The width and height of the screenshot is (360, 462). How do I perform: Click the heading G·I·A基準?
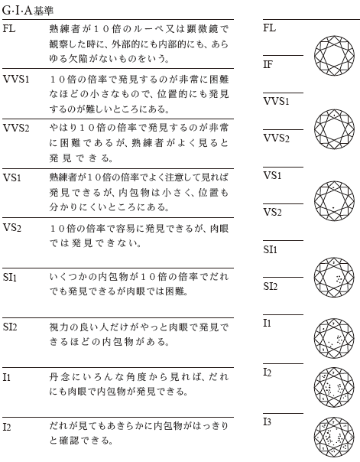tap(28, 11)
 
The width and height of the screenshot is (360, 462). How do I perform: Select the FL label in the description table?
tap(9, 28)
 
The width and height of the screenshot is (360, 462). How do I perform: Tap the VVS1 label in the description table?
tap(16, 79)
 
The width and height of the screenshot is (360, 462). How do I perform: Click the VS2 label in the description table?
tap(11, 227)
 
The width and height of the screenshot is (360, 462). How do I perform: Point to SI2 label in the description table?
tap(10, 327)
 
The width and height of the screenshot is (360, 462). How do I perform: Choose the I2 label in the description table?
tap(6, 427)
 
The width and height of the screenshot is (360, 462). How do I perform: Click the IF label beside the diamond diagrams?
tap(268, 64)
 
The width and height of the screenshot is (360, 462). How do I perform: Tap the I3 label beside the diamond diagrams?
tap(267, 422)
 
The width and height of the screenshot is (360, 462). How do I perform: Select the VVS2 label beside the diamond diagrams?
tap(277, 138)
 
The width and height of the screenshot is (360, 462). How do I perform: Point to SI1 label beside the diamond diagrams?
tap(271, 249)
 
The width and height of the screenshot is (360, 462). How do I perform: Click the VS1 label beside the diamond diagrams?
tap(272, 175)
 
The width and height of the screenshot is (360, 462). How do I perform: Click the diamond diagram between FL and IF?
tap(334, 55)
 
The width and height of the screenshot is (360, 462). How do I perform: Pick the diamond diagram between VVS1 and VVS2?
tap(334, 129)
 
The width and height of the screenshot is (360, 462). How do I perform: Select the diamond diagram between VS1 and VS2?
tap(334, 200)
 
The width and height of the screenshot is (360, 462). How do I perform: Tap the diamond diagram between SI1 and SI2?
tap(334, 277)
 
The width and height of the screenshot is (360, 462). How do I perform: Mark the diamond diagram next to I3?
tap(334, 438)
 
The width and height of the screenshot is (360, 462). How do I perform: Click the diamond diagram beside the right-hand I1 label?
tap(334, 338)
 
